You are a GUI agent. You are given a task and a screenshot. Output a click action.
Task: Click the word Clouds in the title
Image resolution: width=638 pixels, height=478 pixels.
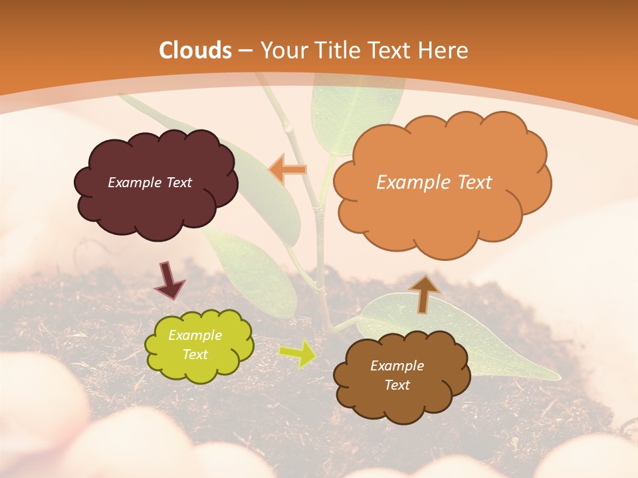coord(195,50)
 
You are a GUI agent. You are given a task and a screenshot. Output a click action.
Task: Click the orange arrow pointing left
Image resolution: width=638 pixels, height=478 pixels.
coord(287,169)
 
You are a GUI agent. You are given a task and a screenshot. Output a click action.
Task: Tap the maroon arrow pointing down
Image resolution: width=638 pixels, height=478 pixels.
coord(169,279)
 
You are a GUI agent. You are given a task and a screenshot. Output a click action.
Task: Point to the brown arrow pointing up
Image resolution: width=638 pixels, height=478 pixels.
coord(423,293)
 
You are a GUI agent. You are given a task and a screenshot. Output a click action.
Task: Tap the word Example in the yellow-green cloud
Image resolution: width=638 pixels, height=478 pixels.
coord(195,335)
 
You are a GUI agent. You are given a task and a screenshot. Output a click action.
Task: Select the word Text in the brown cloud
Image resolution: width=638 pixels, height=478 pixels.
coord(397,385)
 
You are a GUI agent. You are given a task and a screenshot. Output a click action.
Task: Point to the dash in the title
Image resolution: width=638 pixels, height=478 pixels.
coord(245,51)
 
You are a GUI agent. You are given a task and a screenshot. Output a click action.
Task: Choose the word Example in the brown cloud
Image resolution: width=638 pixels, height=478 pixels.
coord(397,366)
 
